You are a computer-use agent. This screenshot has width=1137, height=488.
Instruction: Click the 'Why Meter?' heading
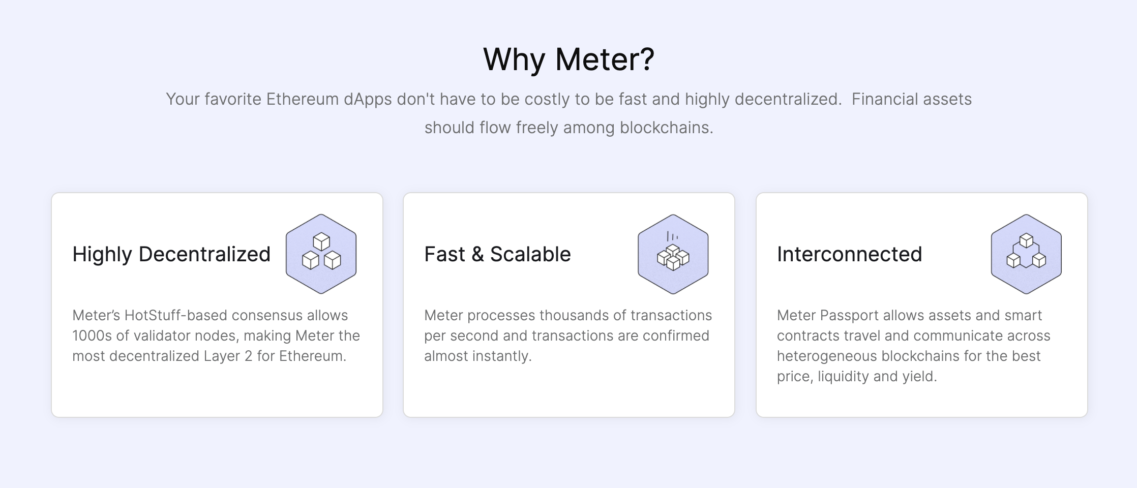tap(568, 59)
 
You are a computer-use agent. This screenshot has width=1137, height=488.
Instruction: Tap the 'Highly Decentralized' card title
tap(171, 254)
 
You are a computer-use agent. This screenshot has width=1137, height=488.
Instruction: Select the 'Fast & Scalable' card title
tap(497, 254)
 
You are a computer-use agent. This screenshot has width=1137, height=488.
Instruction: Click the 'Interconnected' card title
tap(849, 254)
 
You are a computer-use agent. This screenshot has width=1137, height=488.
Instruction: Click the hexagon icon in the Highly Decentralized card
tap(321, 254)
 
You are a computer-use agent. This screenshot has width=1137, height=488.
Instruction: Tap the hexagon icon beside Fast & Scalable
tap(673, 254)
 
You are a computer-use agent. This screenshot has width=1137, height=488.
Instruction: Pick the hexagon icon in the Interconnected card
tap(1026, 254)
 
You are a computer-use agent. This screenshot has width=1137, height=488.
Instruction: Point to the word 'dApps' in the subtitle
tap(368, 99)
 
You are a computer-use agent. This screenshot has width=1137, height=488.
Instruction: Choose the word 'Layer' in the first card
tap(222, 356)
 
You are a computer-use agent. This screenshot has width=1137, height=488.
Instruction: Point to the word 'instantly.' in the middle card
tap(502, 356)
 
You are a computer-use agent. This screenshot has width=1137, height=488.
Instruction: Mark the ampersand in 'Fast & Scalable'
tap(477, 254)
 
